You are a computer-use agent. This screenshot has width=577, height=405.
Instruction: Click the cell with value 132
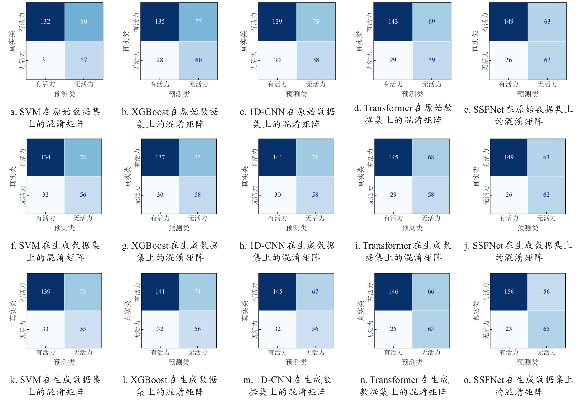pos(45,22)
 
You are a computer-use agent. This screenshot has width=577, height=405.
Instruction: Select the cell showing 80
pos(84,22)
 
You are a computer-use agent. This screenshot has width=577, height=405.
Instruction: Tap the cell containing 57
pos(84,60)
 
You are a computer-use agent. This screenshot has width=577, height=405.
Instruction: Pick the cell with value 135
pos(160,22)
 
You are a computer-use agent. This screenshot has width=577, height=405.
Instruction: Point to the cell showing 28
pos(160,60)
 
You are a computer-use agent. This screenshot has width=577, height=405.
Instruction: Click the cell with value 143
pos(393,22)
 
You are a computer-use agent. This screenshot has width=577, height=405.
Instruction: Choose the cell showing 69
pos(431,22)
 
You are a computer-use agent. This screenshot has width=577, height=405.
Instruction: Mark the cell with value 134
pos(45,157)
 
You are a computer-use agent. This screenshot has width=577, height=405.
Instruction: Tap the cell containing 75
pos(197,157)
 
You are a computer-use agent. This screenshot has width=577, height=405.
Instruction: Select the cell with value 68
pos(431,157)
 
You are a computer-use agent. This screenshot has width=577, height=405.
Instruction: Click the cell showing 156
pos(509,292)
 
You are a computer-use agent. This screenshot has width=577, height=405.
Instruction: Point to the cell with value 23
pos(509,329)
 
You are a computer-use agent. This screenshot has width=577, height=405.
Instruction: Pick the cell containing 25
pos(393,329)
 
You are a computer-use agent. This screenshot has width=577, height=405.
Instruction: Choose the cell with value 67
pos(315,292)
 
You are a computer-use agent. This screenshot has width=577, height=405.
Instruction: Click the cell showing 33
pos(45,329)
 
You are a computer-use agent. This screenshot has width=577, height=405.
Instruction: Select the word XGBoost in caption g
pos(150,246)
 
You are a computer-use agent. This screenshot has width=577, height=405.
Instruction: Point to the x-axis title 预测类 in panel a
pos(65,94)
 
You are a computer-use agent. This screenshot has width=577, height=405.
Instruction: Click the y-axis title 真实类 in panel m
pos(245,311)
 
